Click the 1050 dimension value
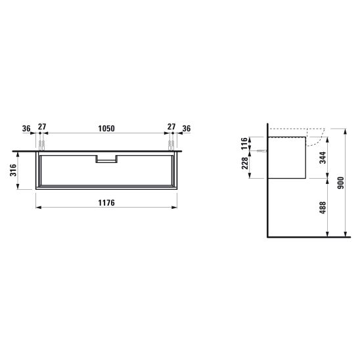[x=106, y=129]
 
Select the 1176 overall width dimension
[x=106, y=203]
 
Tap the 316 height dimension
[x=13, y=170]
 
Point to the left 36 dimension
[x=26, y=129]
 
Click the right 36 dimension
[x=187, y=129]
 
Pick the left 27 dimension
[x=42, y=127]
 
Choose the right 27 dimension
[x=171, y=127]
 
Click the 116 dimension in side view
[x=245, y=143]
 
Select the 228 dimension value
[x=245, y=163]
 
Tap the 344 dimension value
[x=323, y=158]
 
